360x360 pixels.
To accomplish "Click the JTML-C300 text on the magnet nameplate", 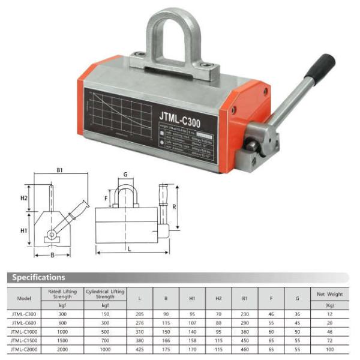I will coord(180,116).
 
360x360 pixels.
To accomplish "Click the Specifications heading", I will coord(38,277).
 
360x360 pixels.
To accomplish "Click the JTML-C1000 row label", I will coord(25,331).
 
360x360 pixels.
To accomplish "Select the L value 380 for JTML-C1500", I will coord(139,340).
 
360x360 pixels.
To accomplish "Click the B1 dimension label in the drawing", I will coord(60,170).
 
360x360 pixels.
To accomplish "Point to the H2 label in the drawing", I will coord(24,197).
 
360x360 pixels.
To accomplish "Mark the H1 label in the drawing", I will coord(24,230).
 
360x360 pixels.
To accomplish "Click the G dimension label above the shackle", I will coord(125,175).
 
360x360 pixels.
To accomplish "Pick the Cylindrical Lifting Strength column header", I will coord(104,293).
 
